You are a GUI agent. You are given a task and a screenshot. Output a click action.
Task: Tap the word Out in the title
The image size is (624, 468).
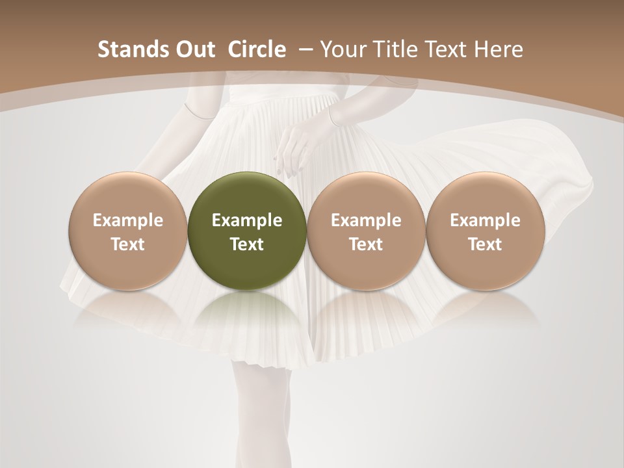pos(193,49)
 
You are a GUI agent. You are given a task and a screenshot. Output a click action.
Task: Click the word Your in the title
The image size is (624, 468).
pos(341,49)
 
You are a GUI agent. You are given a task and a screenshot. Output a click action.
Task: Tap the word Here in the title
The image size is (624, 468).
pos(499,49)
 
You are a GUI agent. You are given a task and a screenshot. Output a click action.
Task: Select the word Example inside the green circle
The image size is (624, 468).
pos(247,220)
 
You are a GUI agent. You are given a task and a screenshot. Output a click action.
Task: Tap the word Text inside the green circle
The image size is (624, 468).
pos(247,244)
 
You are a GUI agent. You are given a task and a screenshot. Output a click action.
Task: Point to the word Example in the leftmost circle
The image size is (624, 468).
pos(128,220)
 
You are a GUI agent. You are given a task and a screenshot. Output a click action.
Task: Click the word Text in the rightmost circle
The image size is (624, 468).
pos(486,244)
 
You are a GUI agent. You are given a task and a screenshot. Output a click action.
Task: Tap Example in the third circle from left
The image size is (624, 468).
pos(366,220)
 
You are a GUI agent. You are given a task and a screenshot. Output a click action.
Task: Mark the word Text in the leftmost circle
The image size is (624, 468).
pos(128,244)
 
